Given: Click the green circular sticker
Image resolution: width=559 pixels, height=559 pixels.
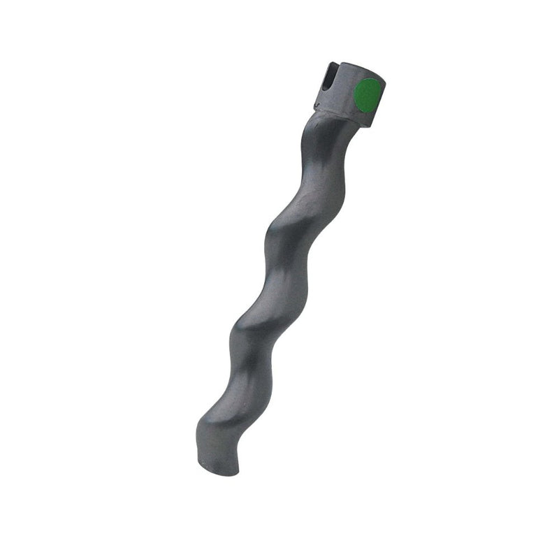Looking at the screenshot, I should point(368,96).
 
